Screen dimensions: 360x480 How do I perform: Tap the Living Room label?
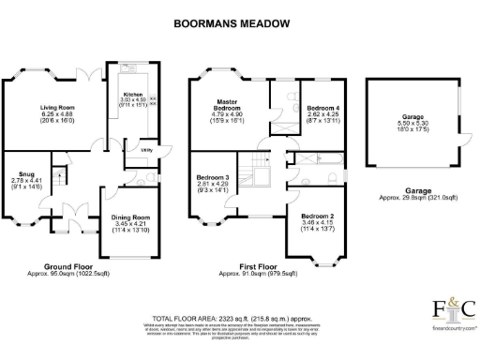pyautogui.click(x=57, y=108)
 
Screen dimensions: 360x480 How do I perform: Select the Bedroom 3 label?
pyautogui.click(x=213, y=177)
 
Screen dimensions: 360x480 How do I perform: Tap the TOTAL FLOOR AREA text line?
pyautogui.click(x=240, y=319)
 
